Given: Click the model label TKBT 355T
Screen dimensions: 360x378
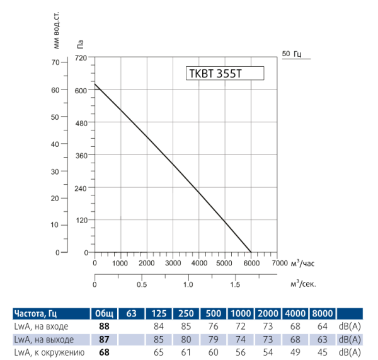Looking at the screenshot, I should click(x=215, y=74).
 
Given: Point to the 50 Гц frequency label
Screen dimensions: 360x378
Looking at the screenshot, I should click(x=292, y=54).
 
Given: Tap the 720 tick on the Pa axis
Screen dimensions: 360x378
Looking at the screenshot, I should click(x=80, y=58).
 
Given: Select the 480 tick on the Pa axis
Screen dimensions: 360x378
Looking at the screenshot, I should click(x=80, y=122).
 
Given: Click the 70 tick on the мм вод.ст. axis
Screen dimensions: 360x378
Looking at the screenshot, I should click(x=55, y=62).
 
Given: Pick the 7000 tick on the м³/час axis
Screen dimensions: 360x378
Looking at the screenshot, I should click(x=279, y=263).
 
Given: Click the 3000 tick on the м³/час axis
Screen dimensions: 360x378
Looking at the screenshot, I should click(x=173, y=263).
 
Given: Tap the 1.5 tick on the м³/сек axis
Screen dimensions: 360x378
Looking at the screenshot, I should click(x=235, y=284).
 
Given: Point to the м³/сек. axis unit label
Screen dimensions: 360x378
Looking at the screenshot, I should click(x=303, y=284).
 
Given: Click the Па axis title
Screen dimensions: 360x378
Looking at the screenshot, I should click(x=80, y=44).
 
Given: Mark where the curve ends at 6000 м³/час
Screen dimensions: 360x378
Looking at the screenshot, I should click(x=251, y=252).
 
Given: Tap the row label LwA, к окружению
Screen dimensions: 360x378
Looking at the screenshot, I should click(x=49, y=352).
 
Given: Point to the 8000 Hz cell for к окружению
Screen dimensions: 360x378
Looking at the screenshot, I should click(x=322, y=352).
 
